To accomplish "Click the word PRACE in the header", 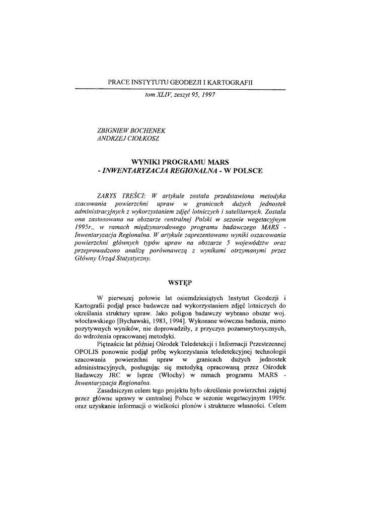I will pos(119,82).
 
